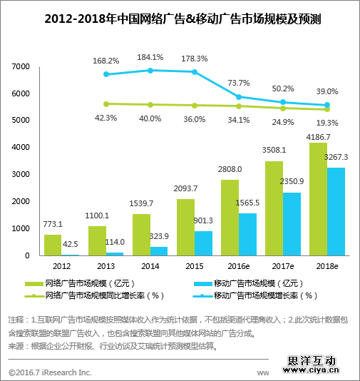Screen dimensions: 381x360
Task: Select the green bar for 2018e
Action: tap(318, 199)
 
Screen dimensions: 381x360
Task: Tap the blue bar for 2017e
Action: tap(291, 223)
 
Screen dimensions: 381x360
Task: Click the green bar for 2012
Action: tap(53, 245)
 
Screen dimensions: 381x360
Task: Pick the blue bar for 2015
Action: tap(203, 243)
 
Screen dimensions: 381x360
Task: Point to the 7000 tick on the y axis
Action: tap(20, 66)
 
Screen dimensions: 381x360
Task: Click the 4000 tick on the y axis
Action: tap(20, 147)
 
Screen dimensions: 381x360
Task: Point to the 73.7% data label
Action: tap(239, 83)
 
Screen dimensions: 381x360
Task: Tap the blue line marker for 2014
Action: tap(150, 70)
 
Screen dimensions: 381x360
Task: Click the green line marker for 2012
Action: tap(106, 103)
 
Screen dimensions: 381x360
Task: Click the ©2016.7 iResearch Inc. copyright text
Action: tap(51, 371)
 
